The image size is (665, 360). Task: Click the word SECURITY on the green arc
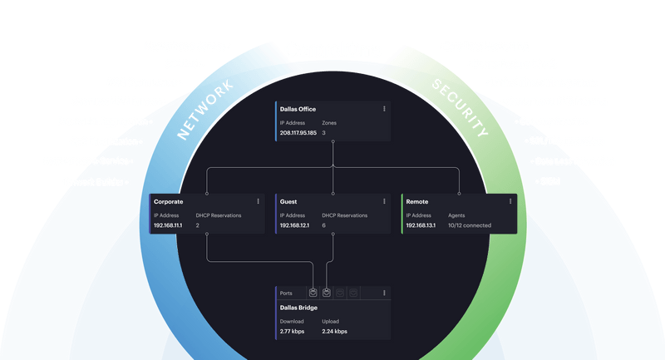pos(459,108)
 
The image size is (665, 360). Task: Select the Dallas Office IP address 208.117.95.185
pos(298,133)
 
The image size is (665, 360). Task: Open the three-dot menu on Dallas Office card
pos(384,109)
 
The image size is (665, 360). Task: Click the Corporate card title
pos(169,202)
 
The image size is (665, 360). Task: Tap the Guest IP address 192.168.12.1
pos(294,225)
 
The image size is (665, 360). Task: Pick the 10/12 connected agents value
pos(470,225)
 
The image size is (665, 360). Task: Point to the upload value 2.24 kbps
pos(334,331)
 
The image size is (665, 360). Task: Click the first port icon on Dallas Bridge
pos(313,293)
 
